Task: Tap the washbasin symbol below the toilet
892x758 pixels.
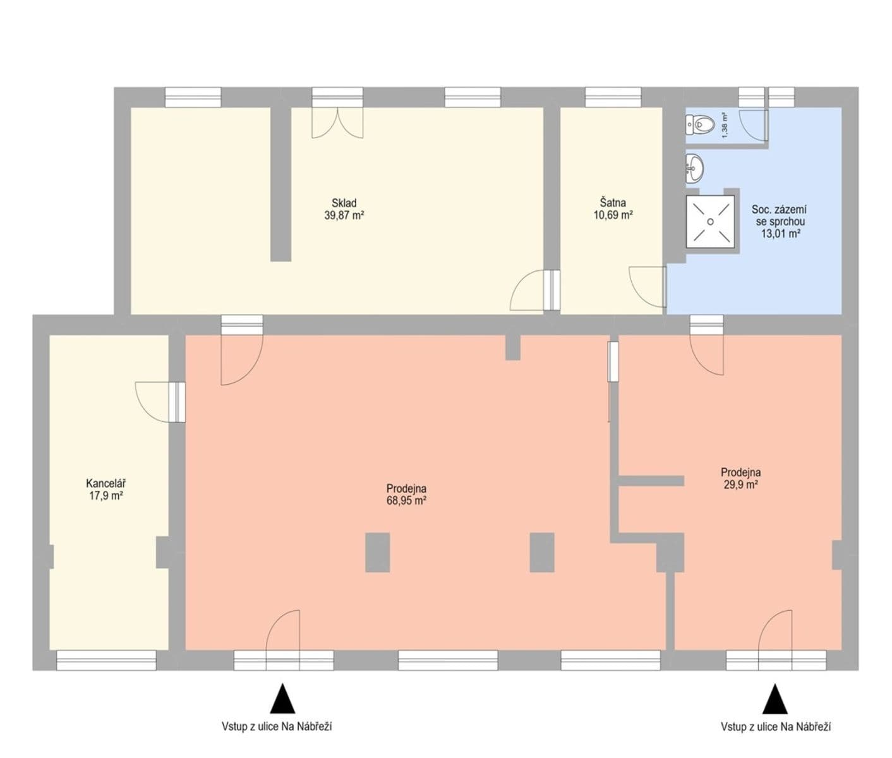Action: (694, 167)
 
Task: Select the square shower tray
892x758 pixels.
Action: (710, 222)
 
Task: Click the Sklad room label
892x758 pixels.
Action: (344, 203)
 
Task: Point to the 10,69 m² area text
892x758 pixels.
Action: (613, 215)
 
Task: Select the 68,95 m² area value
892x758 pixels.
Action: (406, 501)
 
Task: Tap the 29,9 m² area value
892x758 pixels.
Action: (740, 484)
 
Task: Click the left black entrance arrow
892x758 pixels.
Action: (283, 699)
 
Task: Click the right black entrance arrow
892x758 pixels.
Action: (775, 699)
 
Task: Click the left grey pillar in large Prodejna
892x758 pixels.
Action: (377, 553)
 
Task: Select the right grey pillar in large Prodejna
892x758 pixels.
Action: (541, 553)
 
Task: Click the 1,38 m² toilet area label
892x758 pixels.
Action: (725, 125)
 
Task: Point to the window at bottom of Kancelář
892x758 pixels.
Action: (106, 660)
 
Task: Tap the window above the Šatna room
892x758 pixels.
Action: (613, 97)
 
